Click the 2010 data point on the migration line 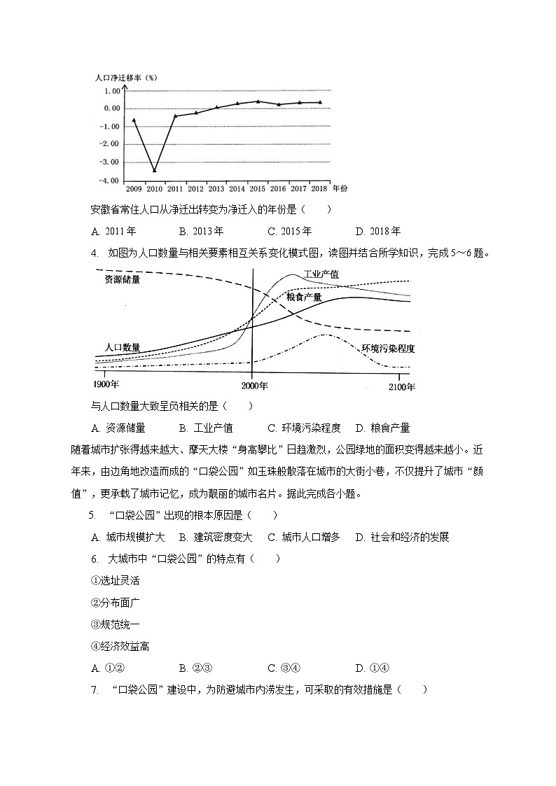154,170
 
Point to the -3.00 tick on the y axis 111,162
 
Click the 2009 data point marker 134,120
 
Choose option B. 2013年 201,232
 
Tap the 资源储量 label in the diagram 122,280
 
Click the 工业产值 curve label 321,274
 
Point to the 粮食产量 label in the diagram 304,297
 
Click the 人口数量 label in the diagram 122,347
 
